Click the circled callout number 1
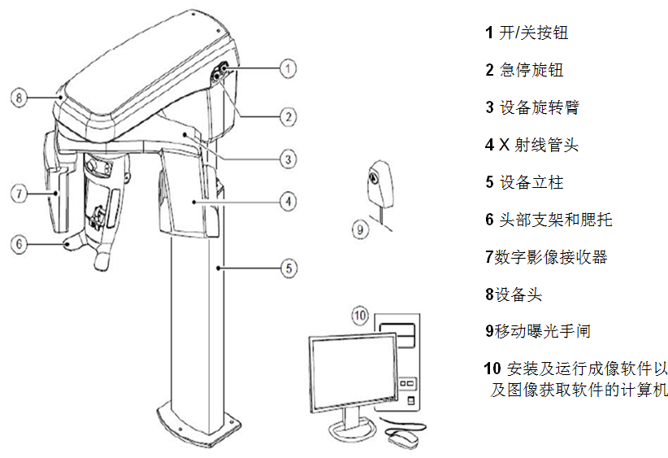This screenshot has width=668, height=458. pyautogui.click(x=288, y=68)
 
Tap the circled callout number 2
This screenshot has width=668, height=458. pyautogui.click(x=288, y=116)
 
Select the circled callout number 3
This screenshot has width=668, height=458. pyautogui.click(x=288, y=159)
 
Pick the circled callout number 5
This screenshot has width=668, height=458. pyautogui.click(x=288, y=266)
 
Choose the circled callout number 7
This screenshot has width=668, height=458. pyautogui.click(x=20, y=193)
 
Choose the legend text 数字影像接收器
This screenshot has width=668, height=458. pyautogui.click(x=550, y=257)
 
